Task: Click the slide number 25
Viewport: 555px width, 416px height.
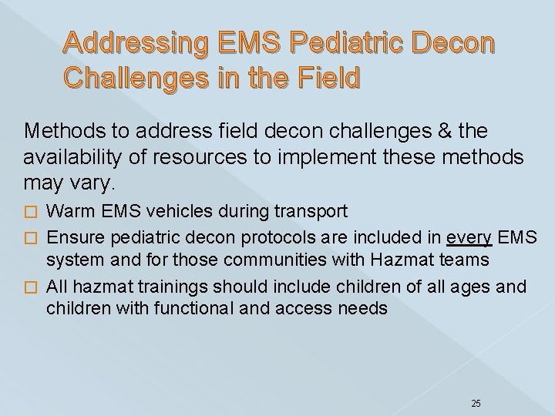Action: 475,381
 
